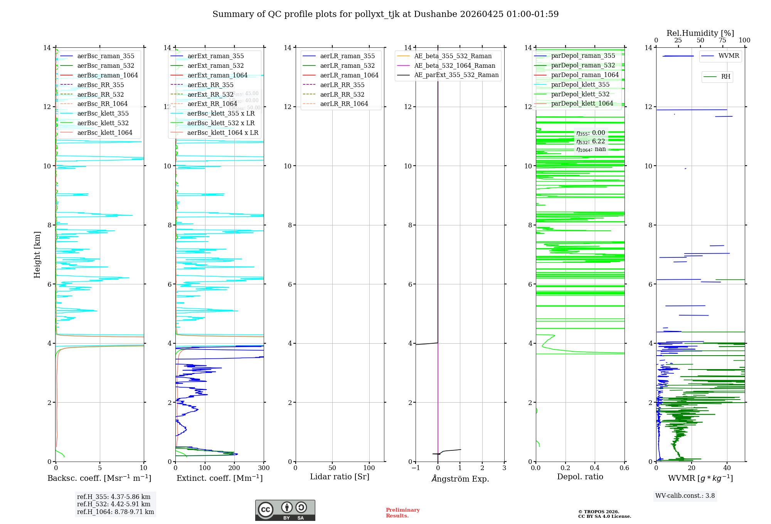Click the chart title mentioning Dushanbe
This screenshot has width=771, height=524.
(385, 14)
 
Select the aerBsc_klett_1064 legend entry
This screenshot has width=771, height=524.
(104, 133)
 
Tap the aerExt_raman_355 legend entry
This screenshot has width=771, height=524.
(215, 56)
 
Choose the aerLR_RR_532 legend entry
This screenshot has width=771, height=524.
(342, 94)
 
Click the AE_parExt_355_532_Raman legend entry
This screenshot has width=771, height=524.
(456, 75)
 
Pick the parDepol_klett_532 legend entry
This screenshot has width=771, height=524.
(580, 94)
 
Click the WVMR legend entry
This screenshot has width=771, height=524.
(729, 56)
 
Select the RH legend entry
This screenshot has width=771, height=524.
(726, 77)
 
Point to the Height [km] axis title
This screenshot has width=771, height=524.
(37, 254)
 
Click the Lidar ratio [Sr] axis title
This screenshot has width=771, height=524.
(340, 477)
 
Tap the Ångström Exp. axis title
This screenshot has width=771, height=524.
(460, 479)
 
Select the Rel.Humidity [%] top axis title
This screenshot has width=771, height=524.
(700, 33)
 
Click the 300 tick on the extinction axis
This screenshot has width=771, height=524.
(264, 468)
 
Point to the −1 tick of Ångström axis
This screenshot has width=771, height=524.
(415, 468)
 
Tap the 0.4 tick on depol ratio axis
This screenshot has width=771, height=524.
(595, 468)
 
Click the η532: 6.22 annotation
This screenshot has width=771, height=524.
(591, 141)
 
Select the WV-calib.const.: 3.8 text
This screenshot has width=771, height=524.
(685, 496)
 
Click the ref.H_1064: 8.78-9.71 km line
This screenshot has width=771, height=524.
(115, 512)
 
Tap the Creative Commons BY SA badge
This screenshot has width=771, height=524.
(285, 511)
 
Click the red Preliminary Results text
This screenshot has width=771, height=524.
(402, 513)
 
